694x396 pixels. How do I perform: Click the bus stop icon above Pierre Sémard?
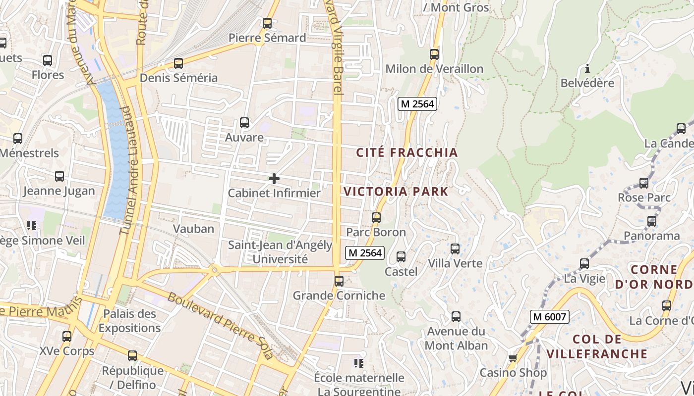click(x=267, y=23)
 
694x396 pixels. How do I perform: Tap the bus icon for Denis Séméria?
click(x=178, y=63)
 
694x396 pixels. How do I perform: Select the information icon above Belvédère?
click(x=587, y=68)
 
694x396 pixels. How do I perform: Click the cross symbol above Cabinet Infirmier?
click(x=274, y=179)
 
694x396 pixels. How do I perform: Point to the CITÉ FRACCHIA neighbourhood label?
click(x=407, y=152)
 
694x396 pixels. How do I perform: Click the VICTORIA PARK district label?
click(x=396, y=192)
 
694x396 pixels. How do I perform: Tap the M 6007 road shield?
click(x=549, y=317)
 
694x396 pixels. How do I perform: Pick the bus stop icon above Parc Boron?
click(x=376, y=218)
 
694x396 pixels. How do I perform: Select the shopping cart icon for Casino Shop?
click(x=513, y=358)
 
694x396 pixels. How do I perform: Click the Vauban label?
click(x=193, y=229)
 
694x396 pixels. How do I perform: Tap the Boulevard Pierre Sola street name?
click(x=220, y=325)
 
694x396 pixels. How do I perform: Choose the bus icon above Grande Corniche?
click(x=339, y=281)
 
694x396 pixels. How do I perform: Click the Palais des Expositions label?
click(x=129, y=321)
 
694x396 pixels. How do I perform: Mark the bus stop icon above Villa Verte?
click(x=455, y=249)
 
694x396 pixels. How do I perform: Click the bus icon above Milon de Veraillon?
click(x=434, y=54)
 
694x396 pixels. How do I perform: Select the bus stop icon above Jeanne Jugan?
click(x=59, y=176)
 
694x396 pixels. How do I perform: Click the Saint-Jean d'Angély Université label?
click(x=280, y=252)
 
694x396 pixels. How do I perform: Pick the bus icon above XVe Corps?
click(x=67, y=337)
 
